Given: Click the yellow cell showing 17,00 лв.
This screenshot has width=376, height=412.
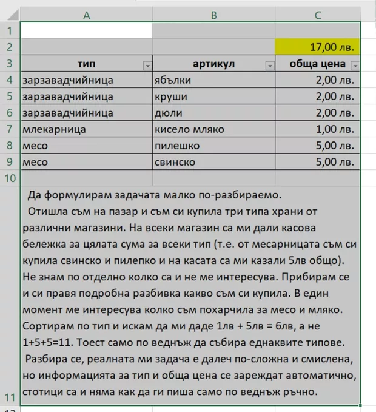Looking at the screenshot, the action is click(x=317, y=47).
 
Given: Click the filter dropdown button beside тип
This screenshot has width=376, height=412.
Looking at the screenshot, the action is click(x=146, y=65).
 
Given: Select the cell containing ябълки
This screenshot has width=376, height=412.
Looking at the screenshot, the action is click(x=213, y=80).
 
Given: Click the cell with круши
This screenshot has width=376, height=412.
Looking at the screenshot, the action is click(x=213, y=96).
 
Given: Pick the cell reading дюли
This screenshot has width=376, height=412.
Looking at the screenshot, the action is click(x=213, y=113).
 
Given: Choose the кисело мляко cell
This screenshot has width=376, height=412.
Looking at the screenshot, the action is click(x=213, y=129).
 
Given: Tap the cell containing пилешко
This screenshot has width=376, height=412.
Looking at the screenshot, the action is click(x=213, y=146).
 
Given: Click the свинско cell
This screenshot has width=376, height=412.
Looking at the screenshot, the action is click(x=213, y=162).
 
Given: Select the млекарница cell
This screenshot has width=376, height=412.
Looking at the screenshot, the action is click(x=86, y=129).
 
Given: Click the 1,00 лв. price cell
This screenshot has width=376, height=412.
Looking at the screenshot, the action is click(x=317, y=129).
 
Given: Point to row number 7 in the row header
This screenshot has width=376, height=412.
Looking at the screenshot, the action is click(x=10, y=129).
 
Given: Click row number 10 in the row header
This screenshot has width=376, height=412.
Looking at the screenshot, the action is click(x=10, y=178).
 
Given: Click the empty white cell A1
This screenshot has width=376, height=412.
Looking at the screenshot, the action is click(x=86, y=30).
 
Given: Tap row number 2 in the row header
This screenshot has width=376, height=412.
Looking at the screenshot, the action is click(x=10, y=47).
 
